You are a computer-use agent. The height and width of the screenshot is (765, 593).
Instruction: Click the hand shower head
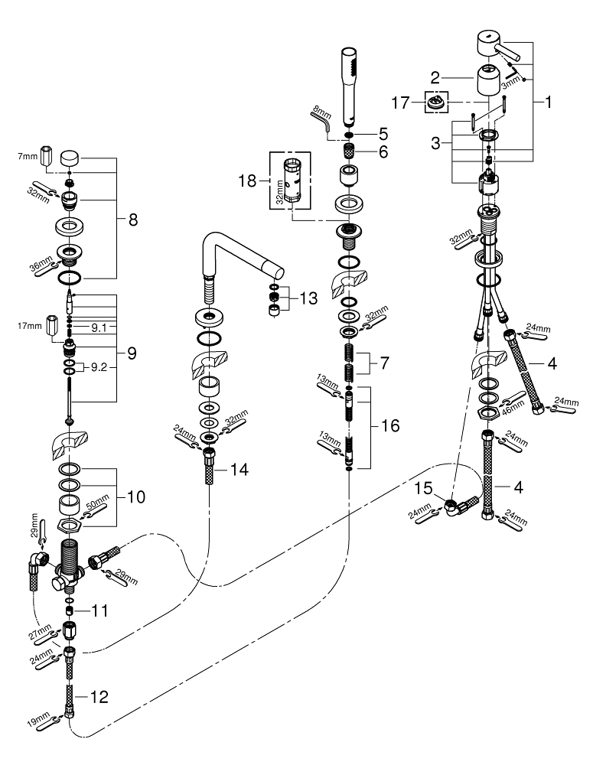(350, 84)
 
